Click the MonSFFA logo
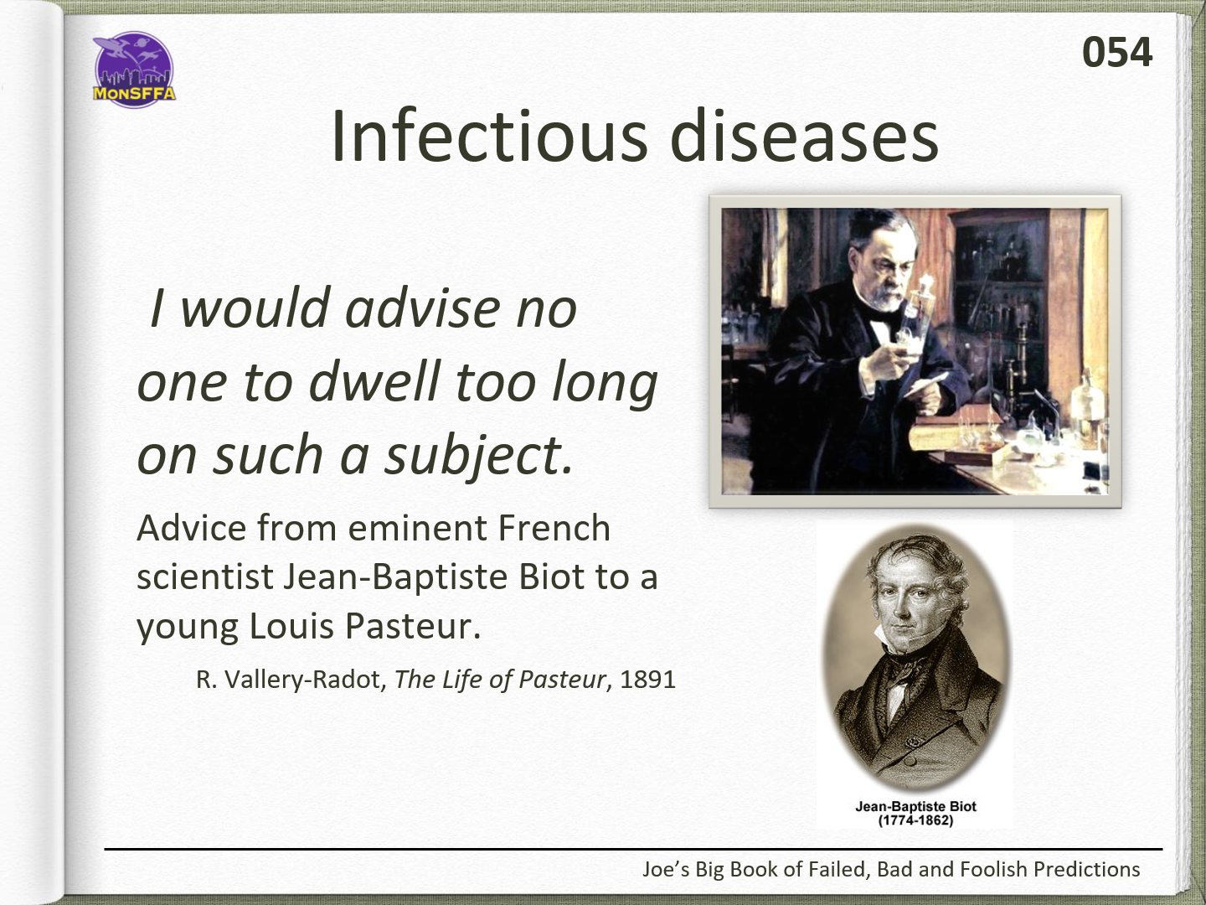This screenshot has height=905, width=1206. click(134, 70)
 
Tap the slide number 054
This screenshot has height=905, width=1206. click(1117, 52)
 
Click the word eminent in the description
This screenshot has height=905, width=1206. click(418, 529)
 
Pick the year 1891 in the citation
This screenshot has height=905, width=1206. click(647, 680)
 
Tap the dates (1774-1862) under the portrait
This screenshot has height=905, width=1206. click(915, 821)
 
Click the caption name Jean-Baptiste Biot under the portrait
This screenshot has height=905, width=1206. click(915, 807)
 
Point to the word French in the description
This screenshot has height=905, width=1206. click(554, 529)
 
